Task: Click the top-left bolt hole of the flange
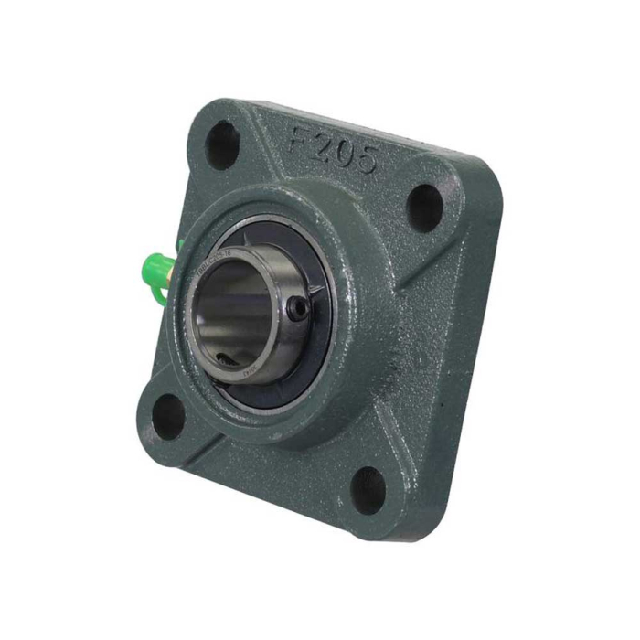coord(222,144)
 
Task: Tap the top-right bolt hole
coord(423,208)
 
